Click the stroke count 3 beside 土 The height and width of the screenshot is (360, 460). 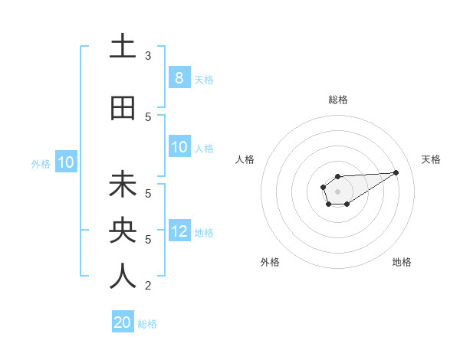pyautogui.click(x=148, y=55)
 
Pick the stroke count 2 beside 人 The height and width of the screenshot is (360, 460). pyautogui.click(x=148, y=286)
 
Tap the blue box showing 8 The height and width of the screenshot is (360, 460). pyautogui.click(x=179, y=77)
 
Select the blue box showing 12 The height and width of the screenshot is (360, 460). pyautogui.click(x=179, y=231)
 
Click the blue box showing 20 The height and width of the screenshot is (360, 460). pyautogui.click(x=123, y=322)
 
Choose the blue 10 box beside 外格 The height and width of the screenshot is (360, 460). pyautogui.click(x=66, y=162)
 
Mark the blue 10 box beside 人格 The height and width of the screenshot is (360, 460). pyautogui.click(x=179, y=147)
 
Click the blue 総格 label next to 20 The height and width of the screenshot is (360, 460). pyautogui.click(x=147, y=324)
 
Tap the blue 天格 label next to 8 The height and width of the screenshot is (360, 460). pyautogui.click(x=203, y=79)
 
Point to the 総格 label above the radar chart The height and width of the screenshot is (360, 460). pyautogui.click(x=338, y=100)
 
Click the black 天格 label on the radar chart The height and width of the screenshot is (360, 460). pyautogui.click(x=431, y=159)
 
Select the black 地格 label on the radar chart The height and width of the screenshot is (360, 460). pyautogui.click(x=402, y=262)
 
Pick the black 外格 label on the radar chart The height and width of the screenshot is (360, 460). pyautogui.click(x=270, y=262)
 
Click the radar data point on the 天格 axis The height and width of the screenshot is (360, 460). pyautogui.click(x=396, y=172)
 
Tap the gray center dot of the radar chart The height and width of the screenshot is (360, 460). pyautogui.click(x=337, y=191)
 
